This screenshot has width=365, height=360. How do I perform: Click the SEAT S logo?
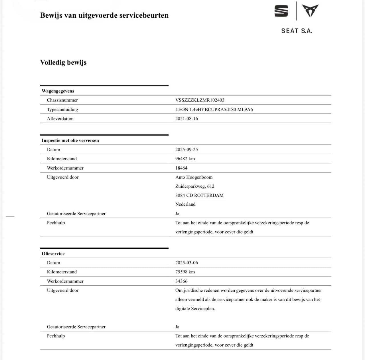(281, 11)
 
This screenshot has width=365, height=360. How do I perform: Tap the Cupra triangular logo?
(310, 11)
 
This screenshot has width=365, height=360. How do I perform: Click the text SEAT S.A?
(297, 31)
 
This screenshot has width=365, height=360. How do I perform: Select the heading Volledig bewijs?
(63, 62)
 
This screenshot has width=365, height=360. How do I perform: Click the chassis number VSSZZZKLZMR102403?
(200, 100)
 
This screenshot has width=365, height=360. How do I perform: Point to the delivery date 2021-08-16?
(186, 118)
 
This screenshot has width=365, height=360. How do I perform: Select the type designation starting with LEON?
(214, 109)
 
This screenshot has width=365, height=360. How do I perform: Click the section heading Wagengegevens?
(58, 91)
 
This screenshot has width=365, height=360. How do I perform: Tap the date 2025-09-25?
(186, 150)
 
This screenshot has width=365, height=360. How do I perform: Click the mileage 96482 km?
(185, 159)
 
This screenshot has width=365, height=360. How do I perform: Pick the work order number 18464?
(181, 168)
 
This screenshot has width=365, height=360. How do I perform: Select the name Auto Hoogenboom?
(194, 177)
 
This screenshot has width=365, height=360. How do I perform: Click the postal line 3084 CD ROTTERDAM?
(199, 195)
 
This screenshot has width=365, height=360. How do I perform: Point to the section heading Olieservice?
(53, 253)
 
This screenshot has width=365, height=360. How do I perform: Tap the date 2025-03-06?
(186, 263)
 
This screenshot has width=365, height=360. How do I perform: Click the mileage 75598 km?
(185, 272)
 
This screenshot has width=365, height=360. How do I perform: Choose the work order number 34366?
(181, 281)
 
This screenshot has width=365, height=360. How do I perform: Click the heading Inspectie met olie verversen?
(70, 140)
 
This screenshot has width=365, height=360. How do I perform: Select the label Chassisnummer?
(62, 100)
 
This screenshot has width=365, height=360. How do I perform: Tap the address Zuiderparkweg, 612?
(195, 186)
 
